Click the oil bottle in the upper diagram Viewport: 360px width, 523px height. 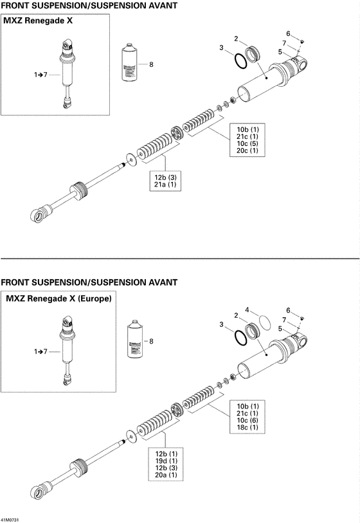coord(130,64)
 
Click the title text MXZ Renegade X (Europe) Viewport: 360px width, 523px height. coord(59,299)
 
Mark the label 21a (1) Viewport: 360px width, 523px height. coord(165,185)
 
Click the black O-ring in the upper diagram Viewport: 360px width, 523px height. coord(240,60)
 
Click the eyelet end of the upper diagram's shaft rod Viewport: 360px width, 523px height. coord(39,214)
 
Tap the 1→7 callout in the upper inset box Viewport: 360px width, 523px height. coord(42,75)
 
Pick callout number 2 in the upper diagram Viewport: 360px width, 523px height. coord(236,39)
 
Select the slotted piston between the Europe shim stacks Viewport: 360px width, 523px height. coord(177,412)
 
